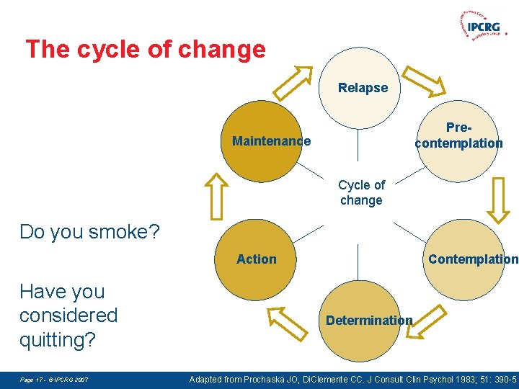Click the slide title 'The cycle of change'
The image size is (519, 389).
pyautogui.click(x=146, y=50)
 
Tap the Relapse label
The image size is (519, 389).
pyautogui.click(x=363, y=88)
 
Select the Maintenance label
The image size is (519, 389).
pyautogui.click(x=271, y=141)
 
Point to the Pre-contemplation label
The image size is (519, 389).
pyautogui.click(x=458, y=135)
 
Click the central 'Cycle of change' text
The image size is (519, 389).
pyautogui.click(x=361, y=193)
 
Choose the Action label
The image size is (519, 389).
pyautogui.click(x=257, y=259)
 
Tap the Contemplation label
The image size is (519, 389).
pyautogui.click(x=473, y=259)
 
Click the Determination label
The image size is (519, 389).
pyautogui.click(x=369, y=321)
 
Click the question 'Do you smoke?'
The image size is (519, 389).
pyautogui.click(x=90, y=232)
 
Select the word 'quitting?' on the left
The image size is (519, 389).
pyautogui.click(x=58, y=339)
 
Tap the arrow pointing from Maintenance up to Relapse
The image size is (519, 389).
pyautogui.click(x=298, y=81)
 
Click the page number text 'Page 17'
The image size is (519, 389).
pyautogui.click(x=32, y=379)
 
